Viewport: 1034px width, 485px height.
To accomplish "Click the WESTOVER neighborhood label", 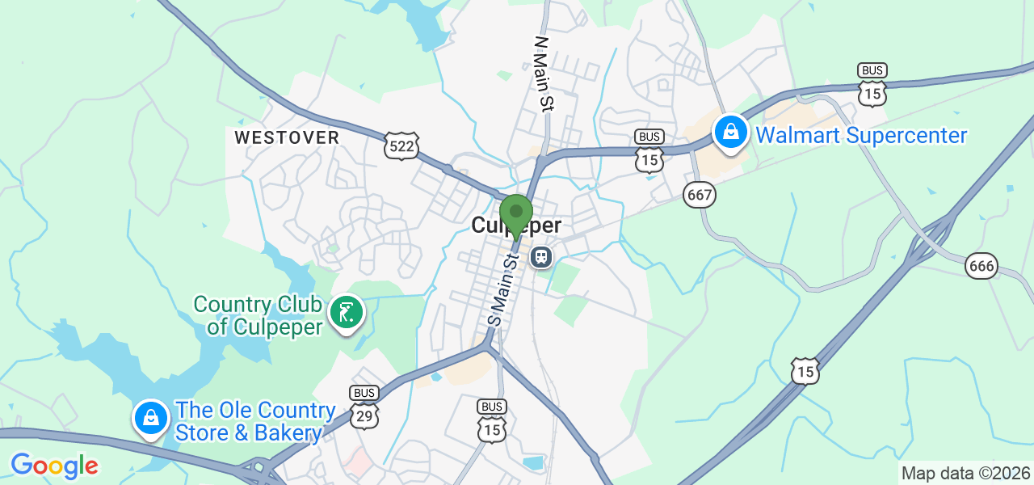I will pyautogui.click(x=287, y=137).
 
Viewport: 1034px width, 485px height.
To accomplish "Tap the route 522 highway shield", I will pyautogui.click(x=401, y=146).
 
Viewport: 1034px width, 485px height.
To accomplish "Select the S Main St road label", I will pyautogui.click(x=502, y=290).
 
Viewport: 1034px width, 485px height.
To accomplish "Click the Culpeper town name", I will pyautogui.click(x=516, y=226).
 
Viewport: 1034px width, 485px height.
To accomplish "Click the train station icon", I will pyautogui.click(x=540, y=258).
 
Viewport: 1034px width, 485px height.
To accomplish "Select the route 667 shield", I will pyautogui.click(x=700, y=194).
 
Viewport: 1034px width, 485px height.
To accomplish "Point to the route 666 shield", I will pyautogui.click(x=981, y=265).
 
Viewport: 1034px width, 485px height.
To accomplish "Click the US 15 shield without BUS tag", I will pyautogui.click(x=805, y=371).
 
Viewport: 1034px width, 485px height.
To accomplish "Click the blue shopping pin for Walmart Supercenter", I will pyautogui.click(x=731, y=133).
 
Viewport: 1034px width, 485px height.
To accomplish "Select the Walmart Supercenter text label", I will pyautogui.click(x=861, y=135).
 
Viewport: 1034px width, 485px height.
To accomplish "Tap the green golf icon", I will pyautogui.click(x=347, y=312).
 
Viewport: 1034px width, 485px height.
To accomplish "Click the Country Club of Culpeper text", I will pyautogui.click(x=258, y=315).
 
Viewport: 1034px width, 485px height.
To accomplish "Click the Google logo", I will pyautogui.click(x=54, y=466).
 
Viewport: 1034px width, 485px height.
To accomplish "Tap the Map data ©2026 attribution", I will pyautogui.click(x=966, y=473).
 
